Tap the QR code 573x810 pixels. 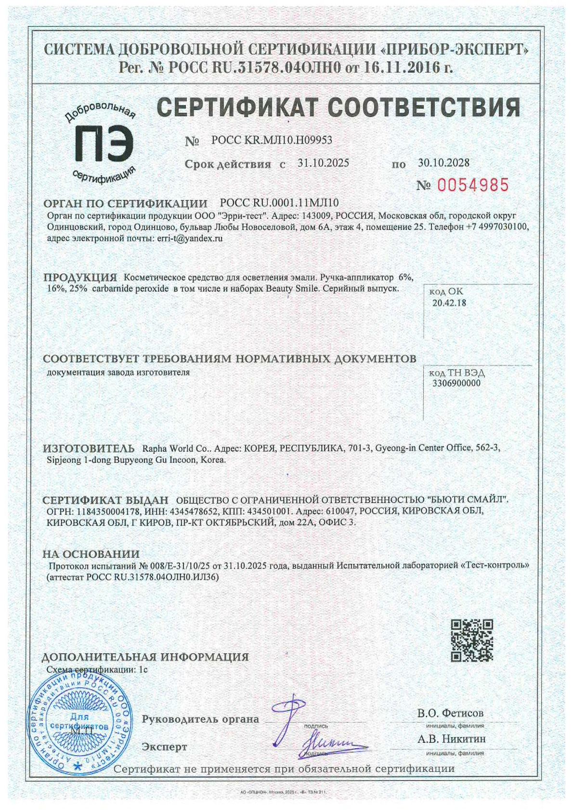tap(472, 641)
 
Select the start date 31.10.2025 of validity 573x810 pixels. tap(323, 163)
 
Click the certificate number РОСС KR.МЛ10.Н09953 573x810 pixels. tap(272, 140)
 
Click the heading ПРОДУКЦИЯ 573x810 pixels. tap(80, 278)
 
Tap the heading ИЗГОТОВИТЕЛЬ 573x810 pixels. tap(89, 448)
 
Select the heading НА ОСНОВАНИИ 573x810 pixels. tap(91, 554)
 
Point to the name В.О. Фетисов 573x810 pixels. tap(450, 713)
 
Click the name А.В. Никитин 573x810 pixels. tap(452, 738)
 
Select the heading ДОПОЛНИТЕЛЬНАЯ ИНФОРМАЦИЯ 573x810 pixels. tap(145, 657)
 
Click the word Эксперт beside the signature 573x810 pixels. tap(164, 747)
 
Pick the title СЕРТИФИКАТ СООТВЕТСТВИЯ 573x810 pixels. tap(339, 107)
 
